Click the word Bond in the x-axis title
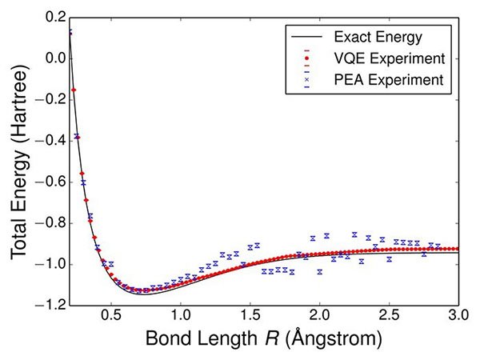pos(166,339)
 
